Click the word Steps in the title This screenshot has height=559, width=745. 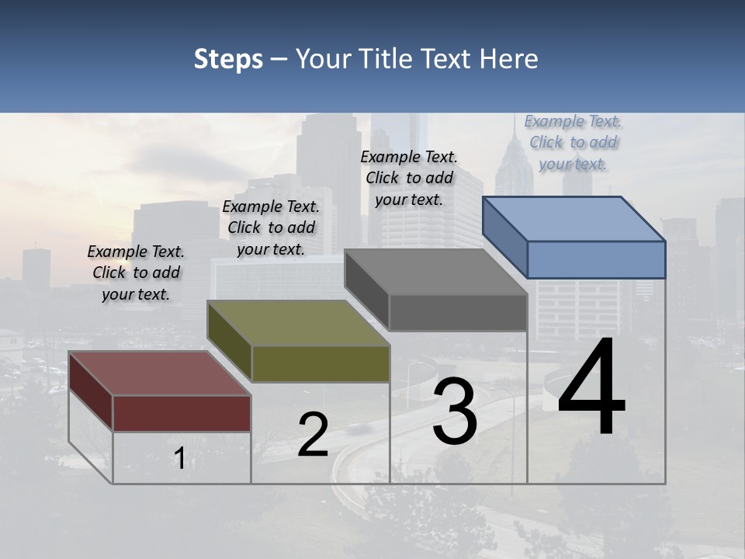(x=228, y=59)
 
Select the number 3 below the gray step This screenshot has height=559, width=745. (x=455, y=411)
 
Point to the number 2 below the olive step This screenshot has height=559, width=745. (x=314, y=435)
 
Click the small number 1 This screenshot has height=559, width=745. (x=180, y=458)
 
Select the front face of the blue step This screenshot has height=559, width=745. (x=596, y=259)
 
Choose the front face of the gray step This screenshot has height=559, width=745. (x=458, y=313)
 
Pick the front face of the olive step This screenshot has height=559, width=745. (x=320, y=364)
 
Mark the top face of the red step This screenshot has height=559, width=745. (x=160, y=373)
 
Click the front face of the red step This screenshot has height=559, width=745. (x=182, y=413)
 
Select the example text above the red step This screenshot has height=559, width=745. (x=136, y=273)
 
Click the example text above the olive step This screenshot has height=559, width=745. (x=271, y=227)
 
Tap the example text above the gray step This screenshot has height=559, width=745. (x=409, y=178)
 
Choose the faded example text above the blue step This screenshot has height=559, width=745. (x=573, y=142)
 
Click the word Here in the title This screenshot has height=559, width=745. (x=509, y=59)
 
